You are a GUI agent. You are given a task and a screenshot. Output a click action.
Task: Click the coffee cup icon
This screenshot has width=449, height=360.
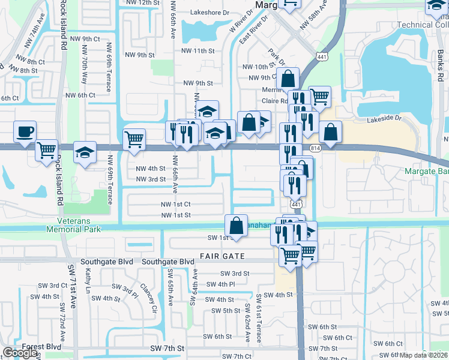point(25,131)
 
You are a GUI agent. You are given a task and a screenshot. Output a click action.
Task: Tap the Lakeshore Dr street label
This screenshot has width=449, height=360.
point(209,12)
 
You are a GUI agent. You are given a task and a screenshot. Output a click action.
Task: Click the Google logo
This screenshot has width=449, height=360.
point(20,353)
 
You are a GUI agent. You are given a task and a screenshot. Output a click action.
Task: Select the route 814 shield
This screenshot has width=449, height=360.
point(315,148)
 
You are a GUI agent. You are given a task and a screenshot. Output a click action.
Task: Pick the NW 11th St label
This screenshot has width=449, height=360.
point(199,50)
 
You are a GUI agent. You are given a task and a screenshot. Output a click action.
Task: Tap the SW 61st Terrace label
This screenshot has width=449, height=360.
point(259,319)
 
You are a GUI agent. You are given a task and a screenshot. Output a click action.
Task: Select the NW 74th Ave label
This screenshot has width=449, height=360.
point(33,38)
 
